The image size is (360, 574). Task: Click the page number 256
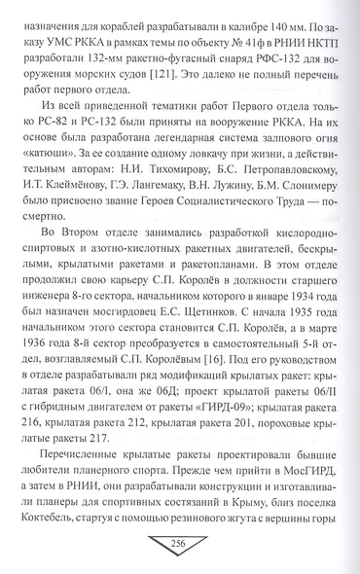[180, 543]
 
